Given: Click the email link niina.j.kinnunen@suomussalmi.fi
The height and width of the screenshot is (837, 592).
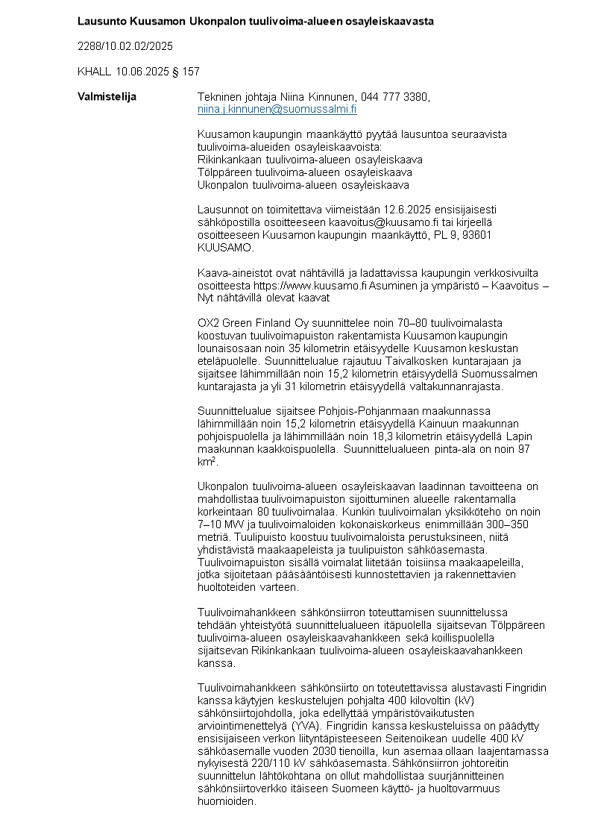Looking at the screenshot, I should [x=277, y=109].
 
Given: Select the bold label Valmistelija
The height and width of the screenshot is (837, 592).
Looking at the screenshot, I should [x=107, y=97].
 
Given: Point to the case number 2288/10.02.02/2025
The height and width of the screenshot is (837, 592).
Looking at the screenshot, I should [x=125, y=46].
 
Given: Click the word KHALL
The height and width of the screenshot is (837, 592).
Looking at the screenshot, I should [x=94, y=72].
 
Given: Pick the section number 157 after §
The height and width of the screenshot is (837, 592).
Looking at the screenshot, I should [x=191, y=72].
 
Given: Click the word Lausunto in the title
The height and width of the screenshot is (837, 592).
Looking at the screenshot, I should [x=101, y=21].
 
